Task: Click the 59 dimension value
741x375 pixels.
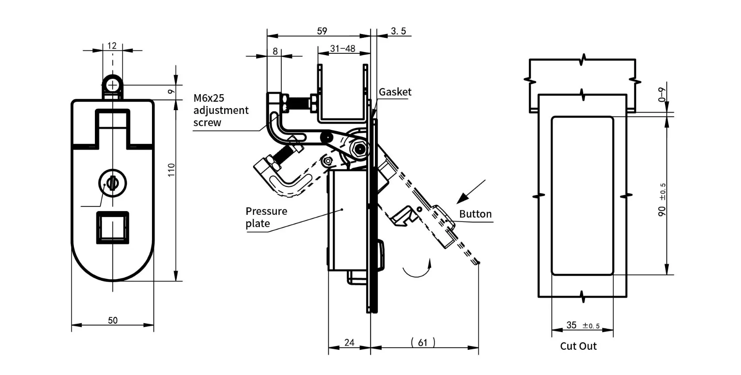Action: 322,31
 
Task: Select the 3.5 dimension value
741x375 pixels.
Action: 398,31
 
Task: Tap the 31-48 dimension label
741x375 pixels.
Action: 343,49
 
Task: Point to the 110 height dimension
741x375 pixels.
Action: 171,169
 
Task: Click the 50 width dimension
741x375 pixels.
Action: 113,320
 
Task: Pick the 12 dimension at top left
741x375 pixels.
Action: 112,45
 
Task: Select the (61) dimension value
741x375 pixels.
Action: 423,343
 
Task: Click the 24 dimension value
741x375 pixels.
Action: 349,343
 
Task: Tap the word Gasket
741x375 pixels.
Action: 395,92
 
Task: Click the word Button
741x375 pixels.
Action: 475,214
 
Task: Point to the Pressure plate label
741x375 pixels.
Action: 266,217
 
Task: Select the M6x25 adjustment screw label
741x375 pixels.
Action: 221,110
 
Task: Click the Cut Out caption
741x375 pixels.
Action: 578,346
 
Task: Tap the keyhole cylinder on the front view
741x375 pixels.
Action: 113,184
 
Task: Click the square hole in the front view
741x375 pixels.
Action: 113,227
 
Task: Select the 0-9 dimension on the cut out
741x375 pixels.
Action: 662,95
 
